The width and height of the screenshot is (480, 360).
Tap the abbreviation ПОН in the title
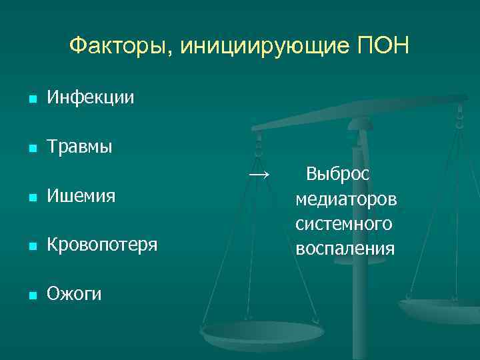click(x=385, y=46)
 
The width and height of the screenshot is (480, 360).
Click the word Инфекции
click(x=90, y=99)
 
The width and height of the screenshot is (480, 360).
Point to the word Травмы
click(x=79, y=147)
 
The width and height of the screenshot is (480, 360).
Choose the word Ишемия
click(x=81, y=196)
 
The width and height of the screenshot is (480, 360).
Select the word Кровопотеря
click(x=102, y=245)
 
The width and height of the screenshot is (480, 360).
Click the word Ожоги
click(x=74, y=293)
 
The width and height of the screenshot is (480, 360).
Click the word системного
click(x=344, y=224)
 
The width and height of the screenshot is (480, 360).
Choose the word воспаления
click(x=345, y=249)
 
